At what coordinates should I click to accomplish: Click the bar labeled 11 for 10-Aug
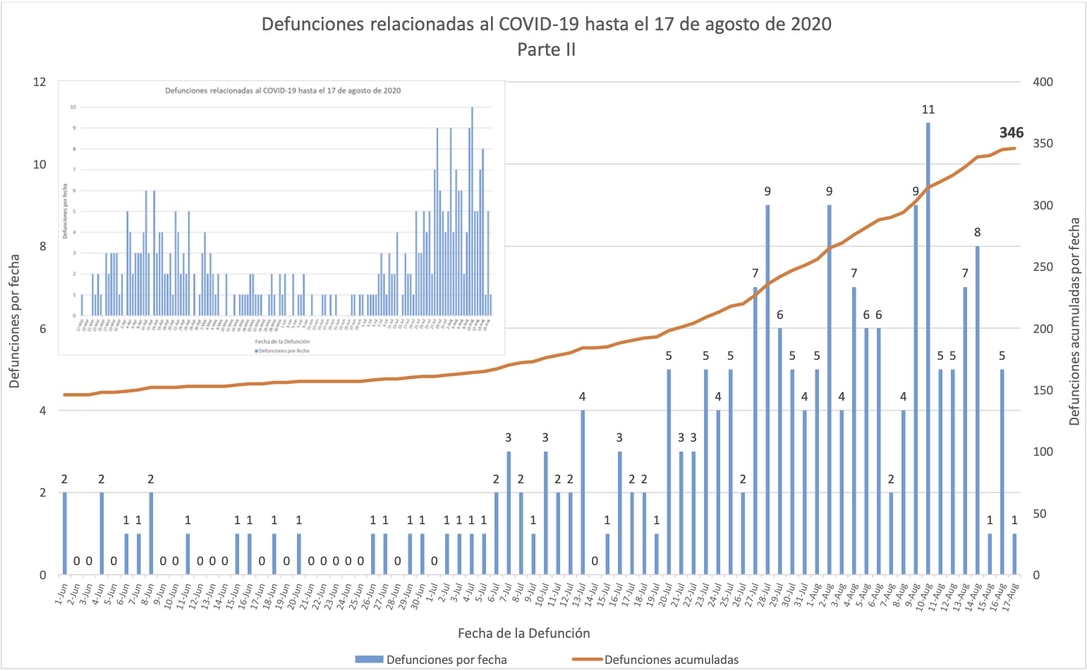pos(928,349)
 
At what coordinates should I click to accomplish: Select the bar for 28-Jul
pos(767,389)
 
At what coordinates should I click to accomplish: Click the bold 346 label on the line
pos(1011,133)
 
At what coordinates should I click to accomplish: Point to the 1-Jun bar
pos(65,533)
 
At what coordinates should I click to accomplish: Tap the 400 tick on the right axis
pos(1043,82)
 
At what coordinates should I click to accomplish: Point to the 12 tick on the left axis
pos(40,82)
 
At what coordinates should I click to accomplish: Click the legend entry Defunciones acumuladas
pos(671,660)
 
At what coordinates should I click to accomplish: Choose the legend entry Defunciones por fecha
pos(446,660)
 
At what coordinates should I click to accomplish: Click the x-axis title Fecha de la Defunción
pos(523,633)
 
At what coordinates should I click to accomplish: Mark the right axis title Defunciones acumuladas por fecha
pos(1074,321)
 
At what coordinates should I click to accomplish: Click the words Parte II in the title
pos(546,49)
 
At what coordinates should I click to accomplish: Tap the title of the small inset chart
pos(283,90)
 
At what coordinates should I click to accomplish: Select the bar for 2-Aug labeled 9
pos(830,389)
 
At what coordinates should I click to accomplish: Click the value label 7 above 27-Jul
pos(755,274)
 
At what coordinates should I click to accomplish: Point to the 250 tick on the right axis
pos(1043,267)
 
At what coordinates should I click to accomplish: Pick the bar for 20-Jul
pos(669,472)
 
